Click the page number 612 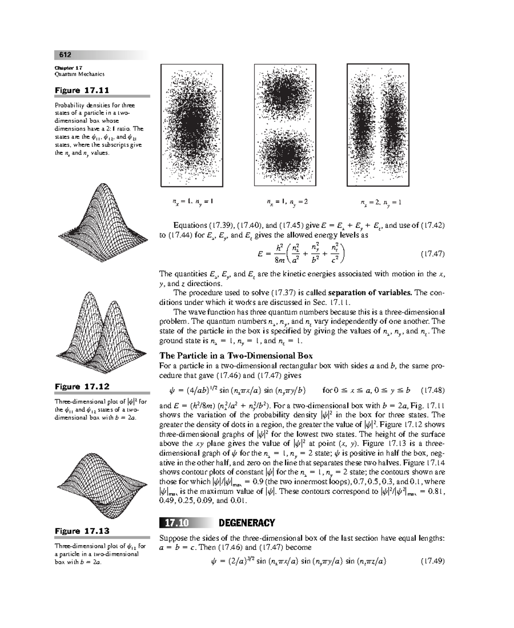65,55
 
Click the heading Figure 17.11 82,90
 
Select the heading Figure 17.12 82,387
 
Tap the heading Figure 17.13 82,531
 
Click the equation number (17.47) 433,254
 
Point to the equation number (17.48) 433,390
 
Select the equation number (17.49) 433,561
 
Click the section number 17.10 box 176,523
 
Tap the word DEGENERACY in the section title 247,523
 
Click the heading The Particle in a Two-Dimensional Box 236,355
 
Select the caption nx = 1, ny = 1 192,201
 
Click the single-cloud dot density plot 192,125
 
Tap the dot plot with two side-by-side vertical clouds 378,125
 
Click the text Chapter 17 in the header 69,68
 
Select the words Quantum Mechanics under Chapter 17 80,74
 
